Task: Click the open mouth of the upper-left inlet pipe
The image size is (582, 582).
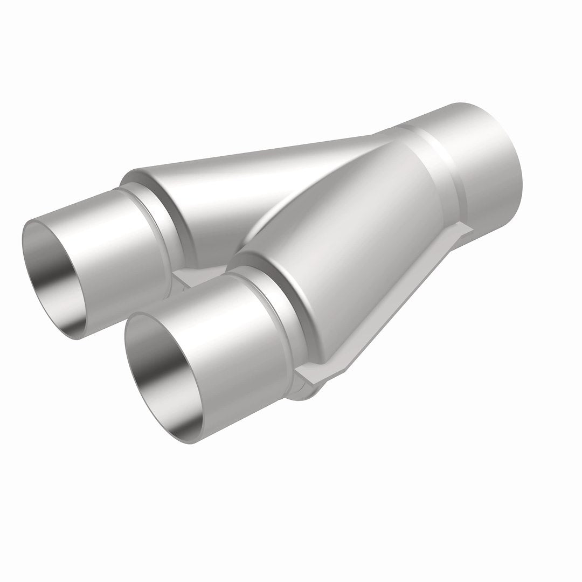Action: (x=54, y=269)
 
